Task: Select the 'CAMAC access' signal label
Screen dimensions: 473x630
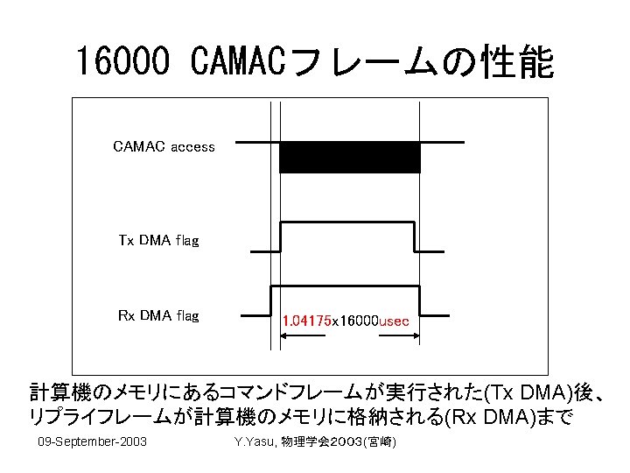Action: (164, 146)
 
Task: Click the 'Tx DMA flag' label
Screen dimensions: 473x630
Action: (158, 239)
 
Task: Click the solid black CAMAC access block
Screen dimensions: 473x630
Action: (349, 157)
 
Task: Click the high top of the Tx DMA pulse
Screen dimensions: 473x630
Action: (346, 223)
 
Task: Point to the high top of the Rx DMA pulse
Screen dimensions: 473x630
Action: (346, 286)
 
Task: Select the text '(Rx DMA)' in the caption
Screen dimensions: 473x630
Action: (486, 417)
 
